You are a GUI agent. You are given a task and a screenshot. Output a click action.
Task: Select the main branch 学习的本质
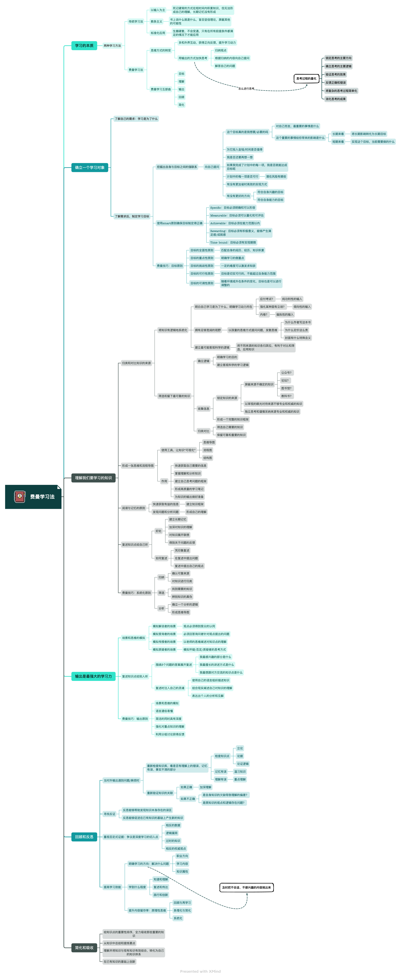pyautogui.click(x=84, y=46)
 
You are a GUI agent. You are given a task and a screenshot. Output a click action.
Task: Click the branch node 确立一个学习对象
pyautogui.click(x=90, y=167)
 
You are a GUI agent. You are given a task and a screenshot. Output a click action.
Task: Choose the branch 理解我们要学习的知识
pyautogui.click(x=93, y=478)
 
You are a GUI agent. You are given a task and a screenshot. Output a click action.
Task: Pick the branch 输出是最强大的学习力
pyautogui.click(x=93, y=676)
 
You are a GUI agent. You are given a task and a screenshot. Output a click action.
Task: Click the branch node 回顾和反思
pyautogui.click(x=84, y=837)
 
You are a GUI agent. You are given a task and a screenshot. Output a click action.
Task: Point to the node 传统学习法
pyautogui.click(x=136, y=22)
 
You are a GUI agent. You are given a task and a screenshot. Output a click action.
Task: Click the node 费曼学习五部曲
pyautogui.click(x=161, y=89)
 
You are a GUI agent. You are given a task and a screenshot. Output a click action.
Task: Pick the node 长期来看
pyautogui.click(x=338, y=134)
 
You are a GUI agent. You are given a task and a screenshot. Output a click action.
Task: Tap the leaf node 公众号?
pyautogui.click(x=287, y=373)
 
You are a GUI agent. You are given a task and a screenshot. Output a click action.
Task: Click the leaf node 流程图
pyautogui.click(x=208, y=450)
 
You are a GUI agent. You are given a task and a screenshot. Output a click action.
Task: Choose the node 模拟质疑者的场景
pyautogui.click(x=164, y=650)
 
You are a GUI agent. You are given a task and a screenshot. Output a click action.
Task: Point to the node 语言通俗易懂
pyautogui.click(x=164, y=711)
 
